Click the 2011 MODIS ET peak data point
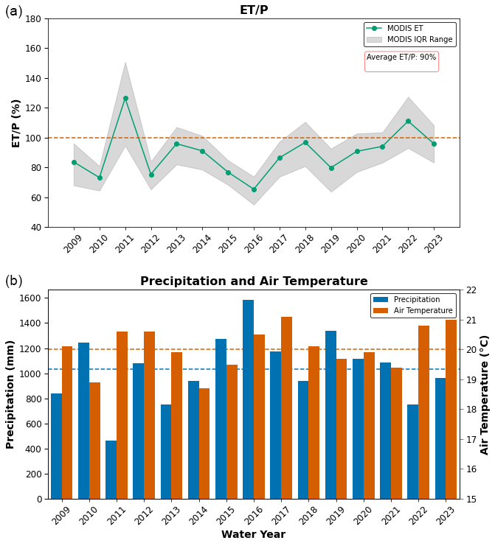(x=125, y=98)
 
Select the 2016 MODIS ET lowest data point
(x=254, y=189)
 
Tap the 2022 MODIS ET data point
(x=408, y=121)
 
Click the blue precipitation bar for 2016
(x=248, y=399)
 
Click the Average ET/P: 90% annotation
(x=401, y=57)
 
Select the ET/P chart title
(x=254, y=10)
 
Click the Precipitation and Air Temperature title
(x=254, y=281)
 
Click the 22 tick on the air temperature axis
(x=471, y=290)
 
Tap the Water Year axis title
(x=253, y=535)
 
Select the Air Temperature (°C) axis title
(x=485, y=394)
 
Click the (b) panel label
(x=13, y=281)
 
